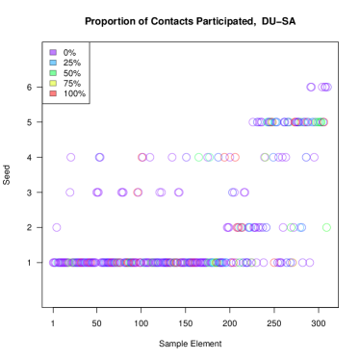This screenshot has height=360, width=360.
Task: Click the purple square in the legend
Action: click(53, 52)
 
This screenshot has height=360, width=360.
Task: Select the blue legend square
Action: click(53, 63)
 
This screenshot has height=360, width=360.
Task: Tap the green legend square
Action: click(53, 73)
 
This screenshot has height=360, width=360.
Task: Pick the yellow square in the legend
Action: click(53, 84)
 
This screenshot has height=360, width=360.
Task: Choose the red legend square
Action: click(53, 93)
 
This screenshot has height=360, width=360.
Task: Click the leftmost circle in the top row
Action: click(311, 88)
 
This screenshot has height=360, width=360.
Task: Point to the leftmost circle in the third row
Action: click(71, 157)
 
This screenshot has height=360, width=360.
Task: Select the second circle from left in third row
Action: click(100, 157)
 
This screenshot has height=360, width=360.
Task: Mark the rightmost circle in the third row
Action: click(314, 157)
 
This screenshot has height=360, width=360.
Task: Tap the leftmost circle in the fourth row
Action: click(70, 193)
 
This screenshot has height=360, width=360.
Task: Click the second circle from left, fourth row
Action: click(98, 193)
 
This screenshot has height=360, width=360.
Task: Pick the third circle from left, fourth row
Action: click(122, 193)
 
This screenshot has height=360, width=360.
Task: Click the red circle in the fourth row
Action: click(138, 193)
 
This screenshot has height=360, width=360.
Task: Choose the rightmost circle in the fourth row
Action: click(244, 193)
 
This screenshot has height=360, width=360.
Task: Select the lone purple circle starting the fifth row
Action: click(57, 227)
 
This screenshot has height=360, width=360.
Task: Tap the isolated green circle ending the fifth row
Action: click(326, 227)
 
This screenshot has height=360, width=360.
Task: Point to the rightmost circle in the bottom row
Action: click(309, 262)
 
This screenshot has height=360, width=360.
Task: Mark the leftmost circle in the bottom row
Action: click(53, 262)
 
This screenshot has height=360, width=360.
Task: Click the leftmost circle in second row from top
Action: click(253, 122)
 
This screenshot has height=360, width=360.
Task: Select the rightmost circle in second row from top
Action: click(323, 122)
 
